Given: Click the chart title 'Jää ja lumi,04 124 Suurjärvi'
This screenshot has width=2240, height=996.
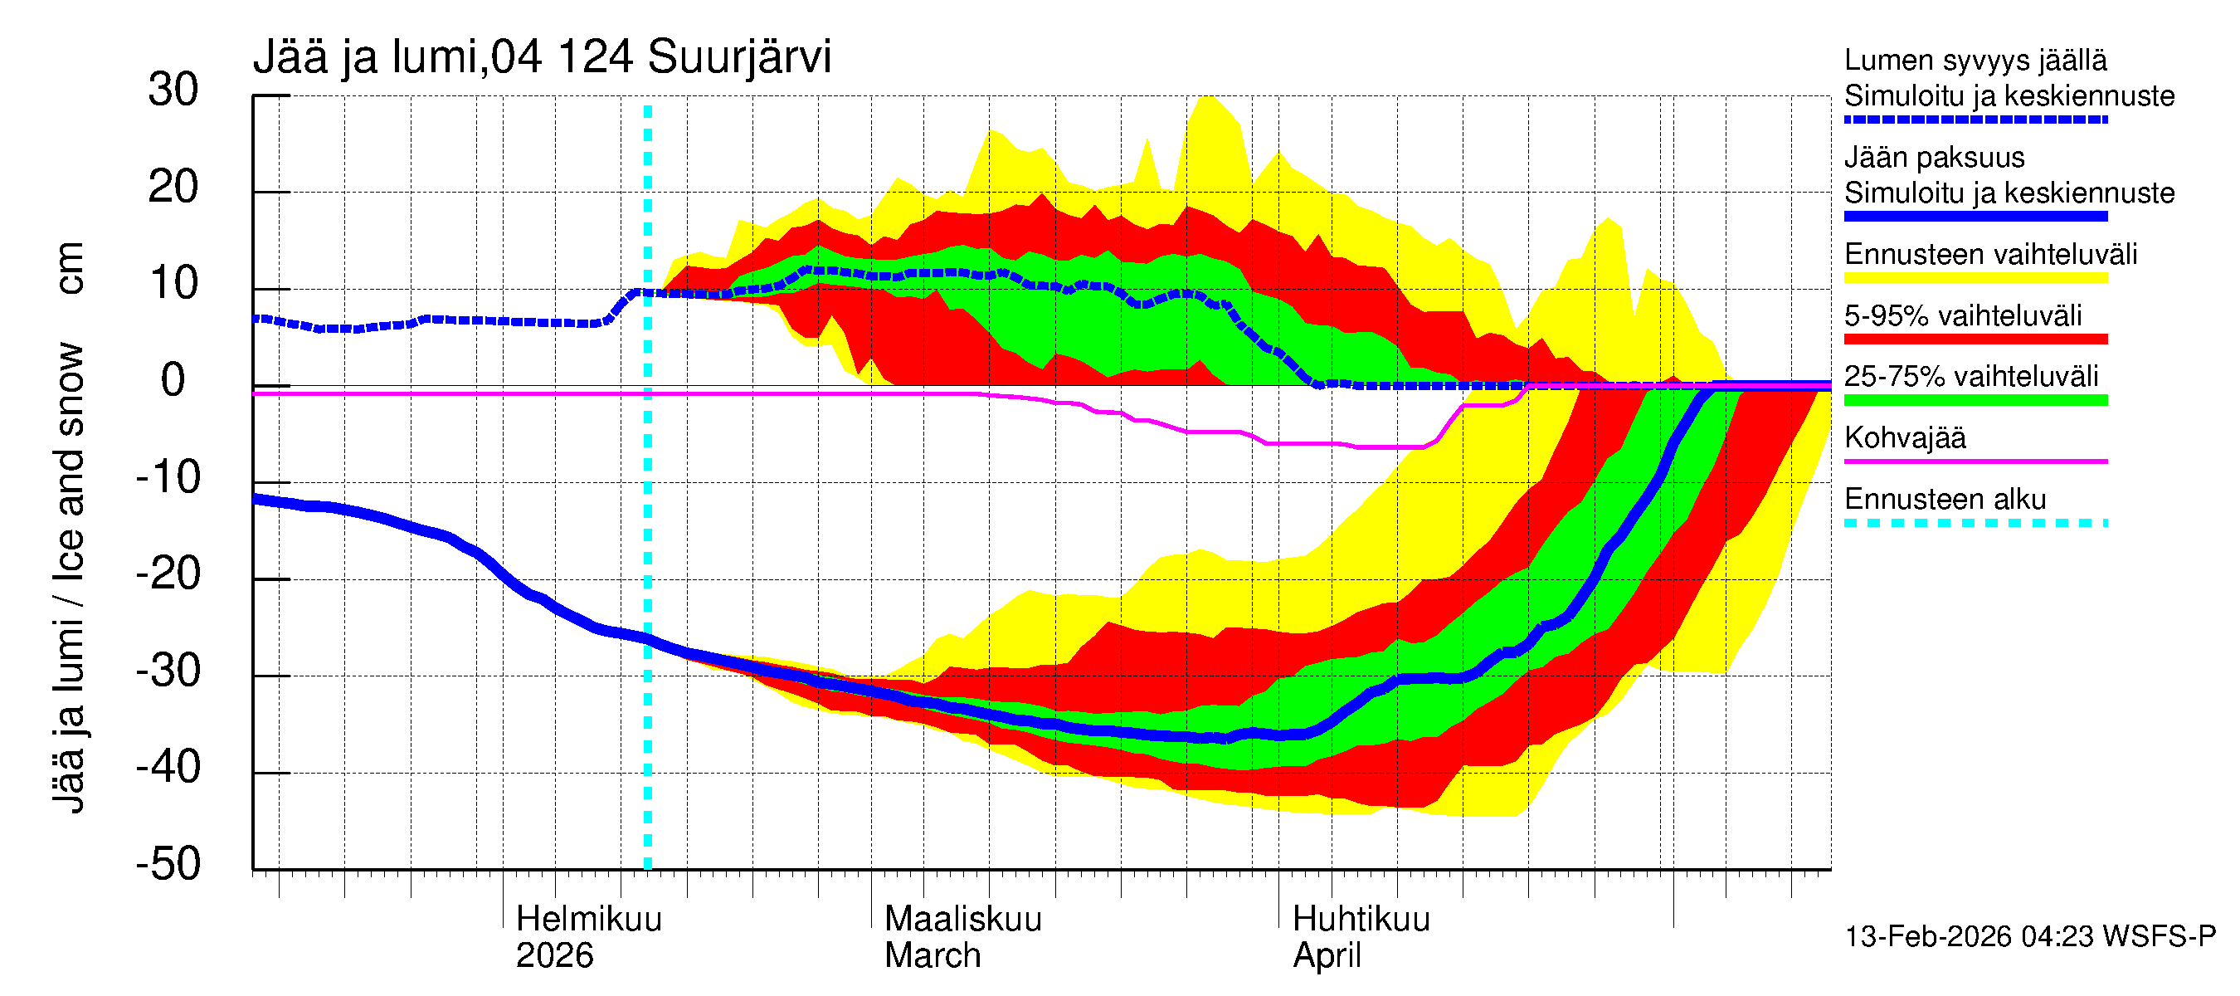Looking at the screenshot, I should click(x=542, y=57).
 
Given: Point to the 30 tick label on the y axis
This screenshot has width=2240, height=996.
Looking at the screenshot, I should click(x=173, y=90).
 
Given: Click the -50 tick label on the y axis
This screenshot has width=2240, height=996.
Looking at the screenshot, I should click(x=168, y=864).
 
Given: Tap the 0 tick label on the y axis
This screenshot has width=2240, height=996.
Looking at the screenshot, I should click(x=173, y=381).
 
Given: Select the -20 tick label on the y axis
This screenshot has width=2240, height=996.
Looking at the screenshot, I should click(x=168, y=574).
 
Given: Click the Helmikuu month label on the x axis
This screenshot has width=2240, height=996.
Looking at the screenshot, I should click(x=589, y=920).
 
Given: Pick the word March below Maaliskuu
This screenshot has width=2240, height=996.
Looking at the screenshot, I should click(x=933, y=956).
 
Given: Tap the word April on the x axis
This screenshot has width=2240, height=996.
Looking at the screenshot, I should click(x=1326, y=956).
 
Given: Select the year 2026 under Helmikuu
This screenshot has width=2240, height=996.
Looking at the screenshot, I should click(x=554, y=956).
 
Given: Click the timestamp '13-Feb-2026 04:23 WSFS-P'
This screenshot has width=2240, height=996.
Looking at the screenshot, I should click(x=2029, y=937).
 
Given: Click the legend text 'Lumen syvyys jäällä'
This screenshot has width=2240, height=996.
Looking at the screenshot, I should click(x=1975, y=61).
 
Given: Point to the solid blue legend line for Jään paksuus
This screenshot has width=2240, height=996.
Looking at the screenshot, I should click(x=1975, y=217).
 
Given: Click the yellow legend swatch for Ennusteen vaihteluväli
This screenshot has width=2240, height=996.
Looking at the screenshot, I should click(x=1975, y=278).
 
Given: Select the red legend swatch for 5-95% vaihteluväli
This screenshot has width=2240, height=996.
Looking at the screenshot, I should click(x=1975, y=339).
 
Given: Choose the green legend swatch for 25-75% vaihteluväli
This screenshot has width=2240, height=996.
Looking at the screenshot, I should click(x=1975, y=400).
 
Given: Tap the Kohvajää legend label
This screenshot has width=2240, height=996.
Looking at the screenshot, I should click(x=1904, y=437).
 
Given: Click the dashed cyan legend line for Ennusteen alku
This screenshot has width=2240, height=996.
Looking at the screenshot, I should click(x=1975, y=523).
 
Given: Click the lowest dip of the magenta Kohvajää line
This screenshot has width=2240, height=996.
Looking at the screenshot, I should click(x=1391, y=447).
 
